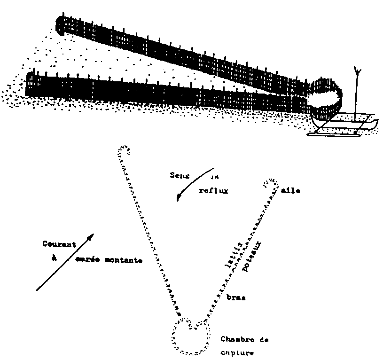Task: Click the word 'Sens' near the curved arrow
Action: click(179, 175)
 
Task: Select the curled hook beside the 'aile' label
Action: click(271, 183)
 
